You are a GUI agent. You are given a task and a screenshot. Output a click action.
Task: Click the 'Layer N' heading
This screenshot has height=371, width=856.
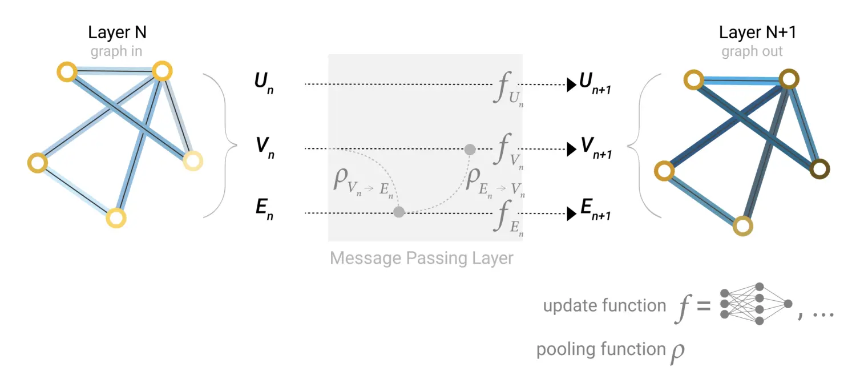click(x=117, y=33)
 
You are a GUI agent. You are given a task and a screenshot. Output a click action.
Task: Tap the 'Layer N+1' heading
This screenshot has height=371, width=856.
click(x=757, y=33)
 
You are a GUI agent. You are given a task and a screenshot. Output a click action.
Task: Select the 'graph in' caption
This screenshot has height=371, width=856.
click(x=116, y=52)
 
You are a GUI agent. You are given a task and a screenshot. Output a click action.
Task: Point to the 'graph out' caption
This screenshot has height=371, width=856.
click(x=752, y=52)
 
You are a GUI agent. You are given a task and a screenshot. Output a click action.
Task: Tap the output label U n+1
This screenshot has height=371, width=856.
click(x=595, y=83)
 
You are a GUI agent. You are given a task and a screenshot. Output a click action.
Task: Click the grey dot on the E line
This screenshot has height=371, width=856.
click(x=399, y=212)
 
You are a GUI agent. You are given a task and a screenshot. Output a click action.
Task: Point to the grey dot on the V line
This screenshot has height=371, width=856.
click(x=470, y=150)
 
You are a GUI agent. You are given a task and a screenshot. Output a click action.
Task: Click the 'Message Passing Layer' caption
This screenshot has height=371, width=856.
click(x=422, y=258)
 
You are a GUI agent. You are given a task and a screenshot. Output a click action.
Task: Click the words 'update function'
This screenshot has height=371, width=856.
click(x=604, y=306)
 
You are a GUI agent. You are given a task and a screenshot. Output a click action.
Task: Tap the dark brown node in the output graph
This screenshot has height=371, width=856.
click(x=819, y=168)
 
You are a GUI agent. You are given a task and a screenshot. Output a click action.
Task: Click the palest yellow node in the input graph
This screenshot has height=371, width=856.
click(x=192, y=162)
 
